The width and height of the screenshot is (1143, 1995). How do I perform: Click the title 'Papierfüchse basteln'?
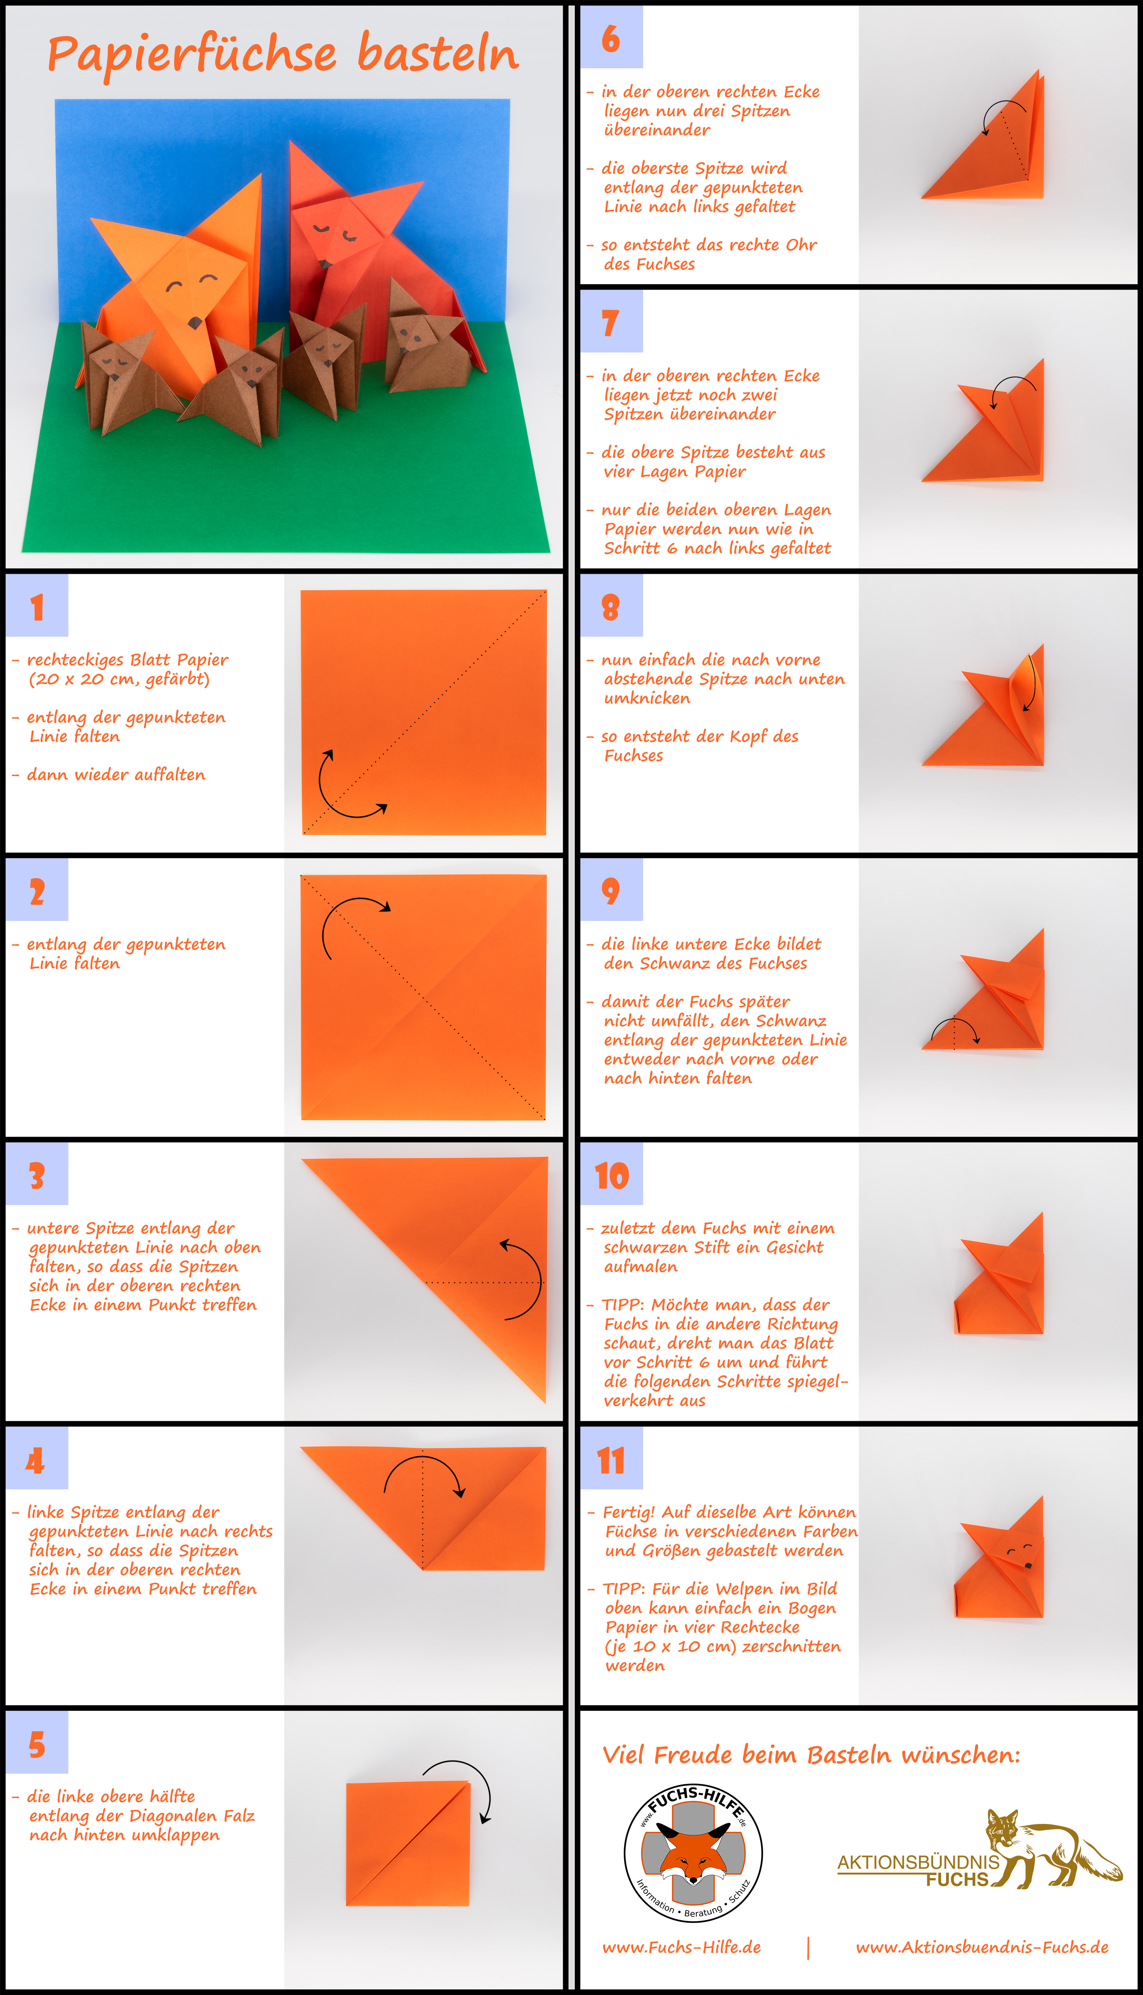283,55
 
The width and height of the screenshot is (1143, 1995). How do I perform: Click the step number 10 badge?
612,1174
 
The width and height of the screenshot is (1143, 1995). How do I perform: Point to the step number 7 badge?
612,322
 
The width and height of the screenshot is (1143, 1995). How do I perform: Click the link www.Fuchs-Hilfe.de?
681,1947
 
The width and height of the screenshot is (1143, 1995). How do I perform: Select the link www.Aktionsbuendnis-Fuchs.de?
982,1947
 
